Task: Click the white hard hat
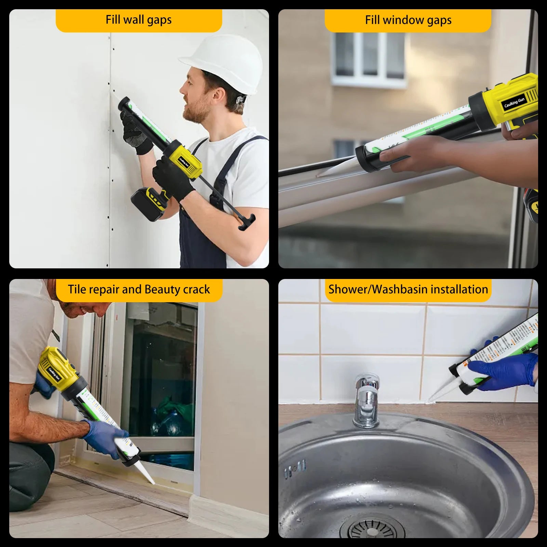point(226,63)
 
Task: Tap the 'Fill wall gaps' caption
point(138,20)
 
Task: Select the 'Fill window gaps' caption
point(408,20)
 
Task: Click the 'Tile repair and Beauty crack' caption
point(138,290)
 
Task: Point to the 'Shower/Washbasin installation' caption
point(408,290)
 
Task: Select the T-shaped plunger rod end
point(247,222)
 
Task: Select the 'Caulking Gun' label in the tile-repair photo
point(54,374)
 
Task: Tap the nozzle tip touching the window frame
point(320,175)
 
